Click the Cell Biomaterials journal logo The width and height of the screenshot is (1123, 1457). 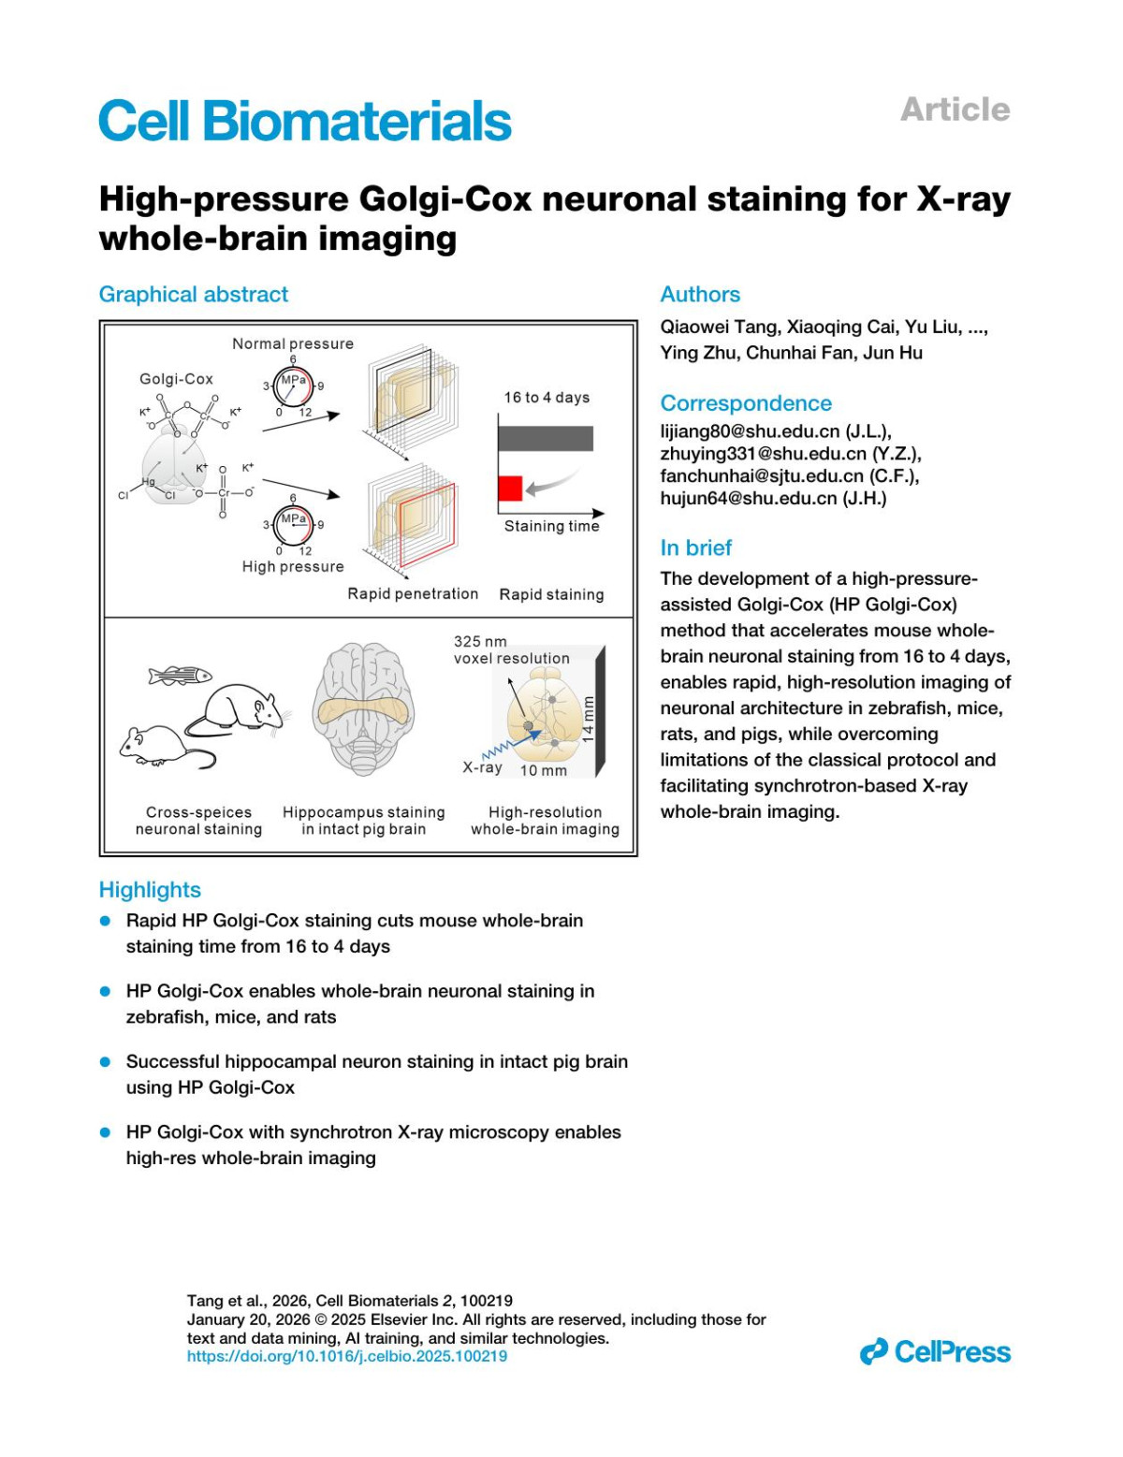click(304, 122)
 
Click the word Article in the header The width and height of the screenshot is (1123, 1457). click(955, 109)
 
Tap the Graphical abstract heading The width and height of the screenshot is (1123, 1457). click(194, 295)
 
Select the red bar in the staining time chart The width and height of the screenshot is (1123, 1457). click(510, 488)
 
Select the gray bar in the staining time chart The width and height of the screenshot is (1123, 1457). click(546, 438)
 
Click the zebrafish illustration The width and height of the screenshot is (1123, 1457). click(180, 676)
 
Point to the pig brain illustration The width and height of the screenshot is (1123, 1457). click(363, 709)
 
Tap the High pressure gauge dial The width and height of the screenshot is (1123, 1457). click(293, 525)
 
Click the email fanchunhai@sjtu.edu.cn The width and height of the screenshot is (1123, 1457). click(762, 476)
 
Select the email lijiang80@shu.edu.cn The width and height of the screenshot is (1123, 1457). click(750, 431)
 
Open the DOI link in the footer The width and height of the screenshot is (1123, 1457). click(347, 1356)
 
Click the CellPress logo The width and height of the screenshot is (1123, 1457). click(936, 1352)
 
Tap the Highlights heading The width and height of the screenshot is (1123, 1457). click(150, 890)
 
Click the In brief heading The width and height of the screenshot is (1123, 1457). click(695, 548)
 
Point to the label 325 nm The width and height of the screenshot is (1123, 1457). click(480, 642)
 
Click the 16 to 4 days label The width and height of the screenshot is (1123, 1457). click(547, 398)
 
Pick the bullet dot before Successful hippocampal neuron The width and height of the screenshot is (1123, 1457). click(106, 1061)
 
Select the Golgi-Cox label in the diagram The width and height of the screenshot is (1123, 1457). click(176, 379)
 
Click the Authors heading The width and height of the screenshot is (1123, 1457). click(700, 295)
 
